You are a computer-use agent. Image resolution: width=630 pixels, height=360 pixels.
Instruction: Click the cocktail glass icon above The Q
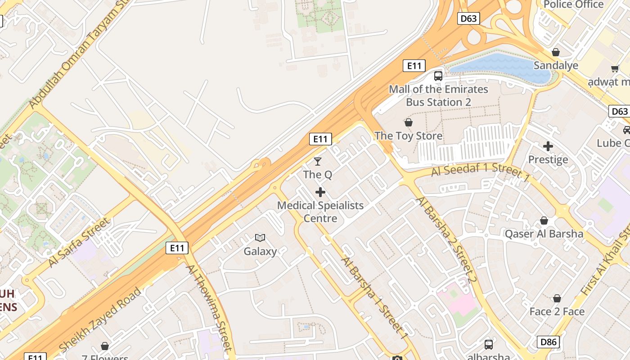(318, 161)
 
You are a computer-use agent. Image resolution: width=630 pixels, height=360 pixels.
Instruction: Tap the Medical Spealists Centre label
(320, 211)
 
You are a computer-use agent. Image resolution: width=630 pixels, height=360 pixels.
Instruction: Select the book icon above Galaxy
(260, 238)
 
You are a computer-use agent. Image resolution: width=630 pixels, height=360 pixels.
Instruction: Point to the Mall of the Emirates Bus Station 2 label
(438, 95)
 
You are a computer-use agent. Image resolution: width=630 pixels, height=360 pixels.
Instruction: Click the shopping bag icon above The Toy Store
(409, 122)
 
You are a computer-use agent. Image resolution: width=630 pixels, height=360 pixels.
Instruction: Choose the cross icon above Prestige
(548, 146)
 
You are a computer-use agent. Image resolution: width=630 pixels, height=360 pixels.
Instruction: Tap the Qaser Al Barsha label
(544, 234)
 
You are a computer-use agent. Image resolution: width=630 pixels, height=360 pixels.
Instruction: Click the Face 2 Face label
(557, 311)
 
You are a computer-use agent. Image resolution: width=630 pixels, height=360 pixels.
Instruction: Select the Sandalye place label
(556, 65)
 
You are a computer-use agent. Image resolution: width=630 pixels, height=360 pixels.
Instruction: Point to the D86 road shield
(548, 342)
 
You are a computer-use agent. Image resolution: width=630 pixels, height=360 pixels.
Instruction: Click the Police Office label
(573, 4)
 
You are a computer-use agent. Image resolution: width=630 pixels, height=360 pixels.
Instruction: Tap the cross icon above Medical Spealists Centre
(320, 193)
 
